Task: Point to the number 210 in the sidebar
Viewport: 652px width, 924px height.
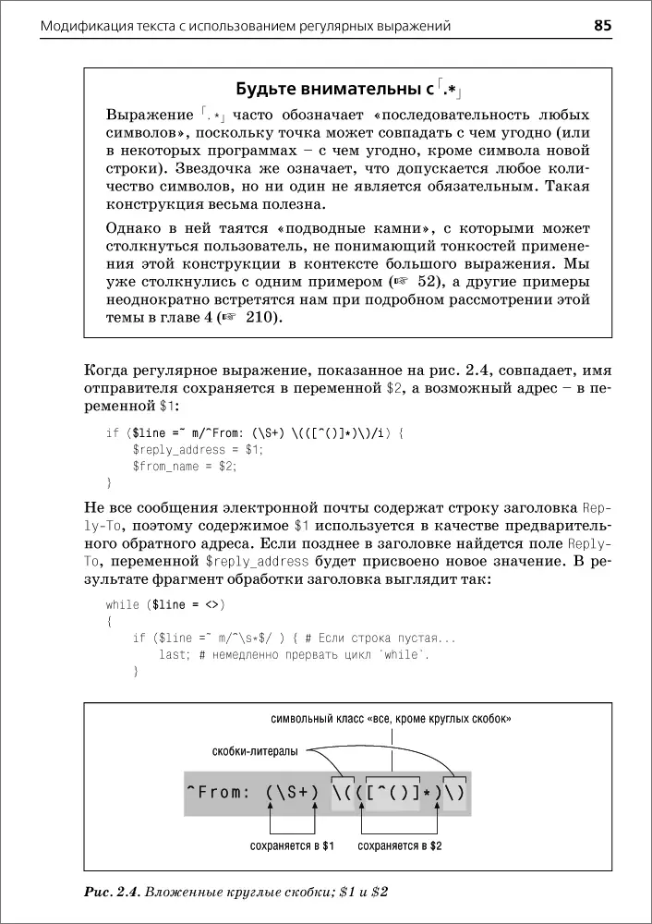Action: click(x=261, y=318)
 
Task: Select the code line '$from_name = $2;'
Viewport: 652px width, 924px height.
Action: click(x=185, y=467)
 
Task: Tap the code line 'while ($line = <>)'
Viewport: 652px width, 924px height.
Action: click(x=165, y=604)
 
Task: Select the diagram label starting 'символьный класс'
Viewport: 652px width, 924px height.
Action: click(x=391, y=718)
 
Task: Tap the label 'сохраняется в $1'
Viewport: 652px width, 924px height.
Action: click(x=293, y=845)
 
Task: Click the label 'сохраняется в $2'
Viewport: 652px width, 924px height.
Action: click(x=400, y=845)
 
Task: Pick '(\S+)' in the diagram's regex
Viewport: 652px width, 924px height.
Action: click(x=292, y=792)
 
